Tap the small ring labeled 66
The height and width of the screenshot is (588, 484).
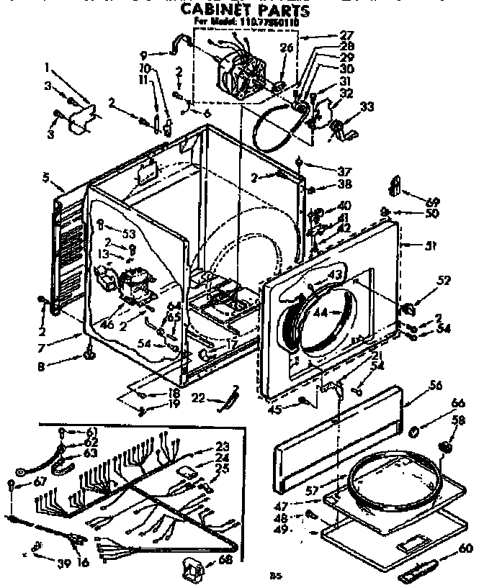pos(416,432)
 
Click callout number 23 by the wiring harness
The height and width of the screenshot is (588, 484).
pos(222,445)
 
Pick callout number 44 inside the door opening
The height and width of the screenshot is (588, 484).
pos(318,314)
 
